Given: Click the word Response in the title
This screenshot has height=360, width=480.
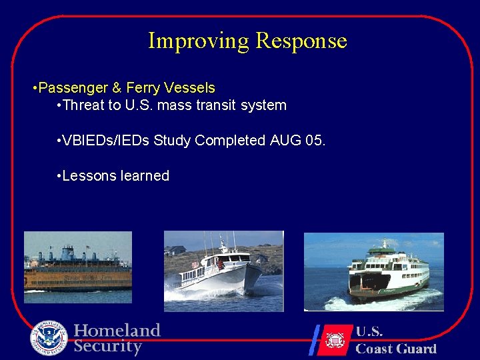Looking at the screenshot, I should click(x=301, y=41).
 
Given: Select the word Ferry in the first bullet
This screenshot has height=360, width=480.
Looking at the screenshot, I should click(x=144, y=88).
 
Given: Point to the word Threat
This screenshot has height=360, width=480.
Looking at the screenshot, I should click(x=82, y=105).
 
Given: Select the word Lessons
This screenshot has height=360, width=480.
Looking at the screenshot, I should click(x=89, y=176).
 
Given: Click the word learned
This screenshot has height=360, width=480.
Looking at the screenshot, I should click(x=145, y=176).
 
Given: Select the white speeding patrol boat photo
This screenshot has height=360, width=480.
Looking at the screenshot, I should click(x=223, y=271).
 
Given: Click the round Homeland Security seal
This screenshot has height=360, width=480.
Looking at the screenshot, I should click(x=49, y=339).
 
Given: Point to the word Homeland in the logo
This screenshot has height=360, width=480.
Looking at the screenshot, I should click(x=117, y=331).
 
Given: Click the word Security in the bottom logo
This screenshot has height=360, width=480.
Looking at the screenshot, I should click(x=108, y=347).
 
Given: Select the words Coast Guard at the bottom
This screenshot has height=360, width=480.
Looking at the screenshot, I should click(x=395, y=348).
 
